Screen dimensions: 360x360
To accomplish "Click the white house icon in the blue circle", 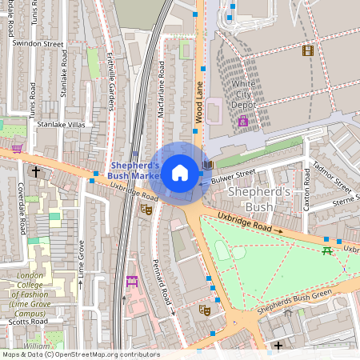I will (x=180, y=172).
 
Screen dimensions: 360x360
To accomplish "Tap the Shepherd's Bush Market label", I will (x=134, y=170).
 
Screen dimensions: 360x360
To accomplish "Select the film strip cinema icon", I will (x=308, y=50).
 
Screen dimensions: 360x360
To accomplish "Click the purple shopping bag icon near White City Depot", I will (x=242, y=122).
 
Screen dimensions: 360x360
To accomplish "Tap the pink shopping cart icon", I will (x=17, y=148).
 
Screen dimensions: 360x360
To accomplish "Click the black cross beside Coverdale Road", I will (x=35, y=171).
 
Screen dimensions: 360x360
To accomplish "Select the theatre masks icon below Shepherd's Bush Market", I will (x=146, y=209).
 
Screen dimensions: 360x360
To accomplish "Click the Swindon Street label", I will (x=38, y=44).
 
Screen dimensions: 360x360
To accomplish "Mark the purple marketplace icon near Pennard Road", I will (x=132, y=282).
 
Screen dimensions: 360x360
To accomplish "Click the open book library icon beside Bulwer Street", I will (x=208, y=165).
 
